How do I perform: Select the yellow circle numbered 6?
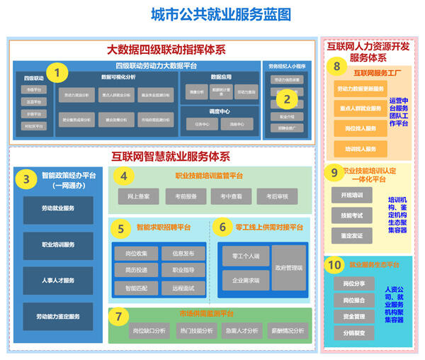[x=222, y=227]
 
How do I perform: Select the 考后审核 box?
[x=272, y=195]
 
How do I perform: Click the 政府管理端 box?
[x=288, y=268]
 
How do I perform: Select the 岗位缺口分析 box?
[x=149, y=330]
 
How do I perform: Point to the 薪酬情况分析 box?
[x=287, y=330]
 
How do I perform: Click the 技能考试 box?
[x=351, y=215]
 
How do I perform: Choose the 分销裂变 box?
[x=353, y=332]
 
